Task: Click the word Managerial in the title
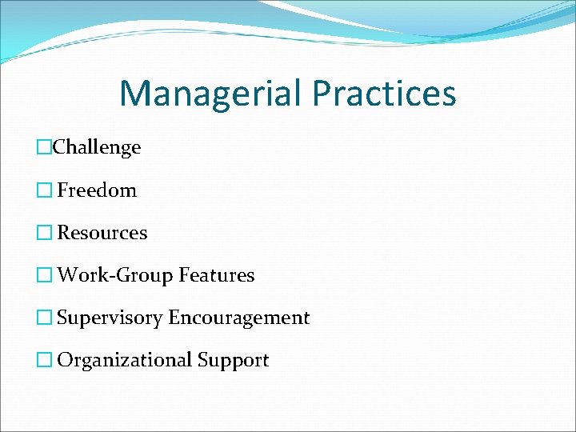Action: (210, 94)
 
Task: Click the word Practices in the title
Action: (384, 94)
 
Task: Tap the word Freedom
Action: (97, 190)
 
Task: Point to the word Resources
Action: (102, 233)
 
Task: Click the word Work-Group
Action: (115, 276)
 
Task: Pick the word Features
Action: (217, 276)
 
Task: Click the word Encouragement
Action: (238, 318)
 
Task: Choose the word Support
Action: (234, 361)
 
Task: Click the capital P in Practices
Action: (321, 93)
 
